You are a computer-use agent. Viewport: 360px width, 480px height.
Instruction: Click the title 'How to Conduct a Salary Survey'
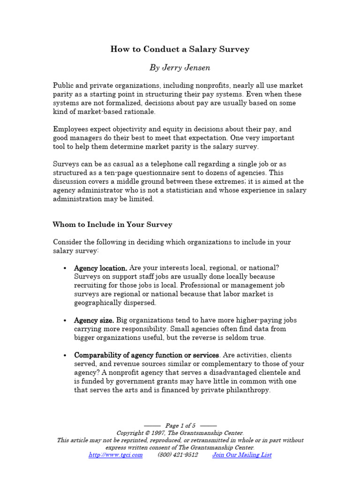[180, 49]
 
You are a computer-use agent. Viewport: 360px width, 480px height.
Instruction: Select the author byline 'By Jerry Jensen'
[180, 67]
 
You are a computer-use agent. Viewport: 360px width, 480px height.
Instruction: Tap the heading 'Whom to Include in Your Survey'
[112, 225]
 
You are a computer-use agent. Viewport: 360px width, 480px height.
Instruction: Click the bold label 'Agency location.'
[100, 268]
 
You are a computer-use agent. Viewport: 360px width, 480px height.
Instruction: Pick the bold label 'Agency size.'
[94, 320]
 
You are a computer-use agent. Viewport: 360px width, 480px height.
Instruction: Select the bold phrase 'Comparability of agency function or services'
[146, 355]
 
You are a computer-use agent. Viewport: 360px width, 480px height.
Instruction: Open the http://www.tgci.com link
[115, 455]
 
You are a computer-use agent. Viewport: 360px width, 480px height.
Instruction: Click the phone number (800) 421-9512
[178, 455]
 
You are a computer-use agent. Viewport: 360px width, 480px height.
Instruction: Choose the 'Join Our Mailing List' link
[242, 455]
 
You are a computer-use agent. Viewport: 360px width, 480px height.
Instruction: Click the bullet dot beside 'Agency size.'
[64, 321]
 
